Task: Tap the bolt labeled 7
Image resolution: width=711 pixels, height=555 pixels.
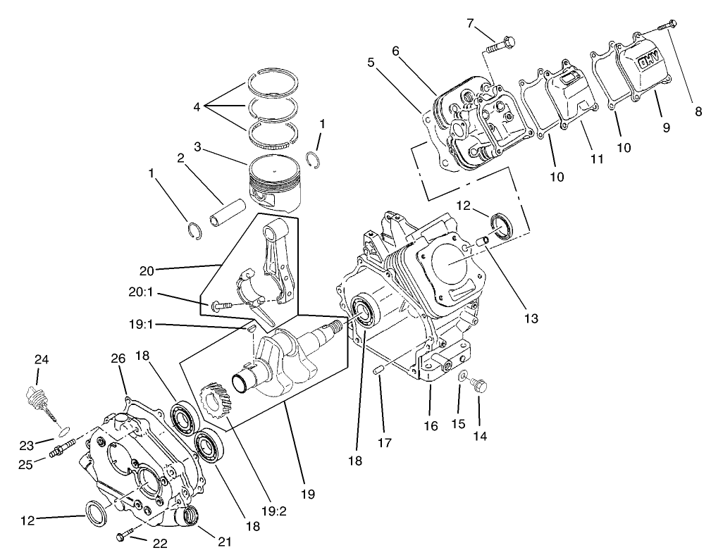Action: click(502, 46)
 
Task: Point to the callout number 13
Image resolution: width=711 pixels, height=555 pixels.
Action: click(531, 318)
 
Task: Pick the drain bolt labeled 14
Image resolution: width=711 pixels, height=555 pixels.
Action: click(482, 385)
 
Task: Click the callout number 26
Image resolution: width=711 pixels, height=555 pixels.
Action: click(118, 358)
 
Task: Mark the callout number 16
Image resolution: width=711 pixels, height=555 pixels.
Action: click(431, 425)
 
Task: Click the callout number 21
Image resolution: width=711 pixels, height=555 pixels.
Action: click(224, 542)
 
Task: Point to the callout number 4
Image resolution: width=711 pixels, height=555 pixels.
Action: click(197, 107)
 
